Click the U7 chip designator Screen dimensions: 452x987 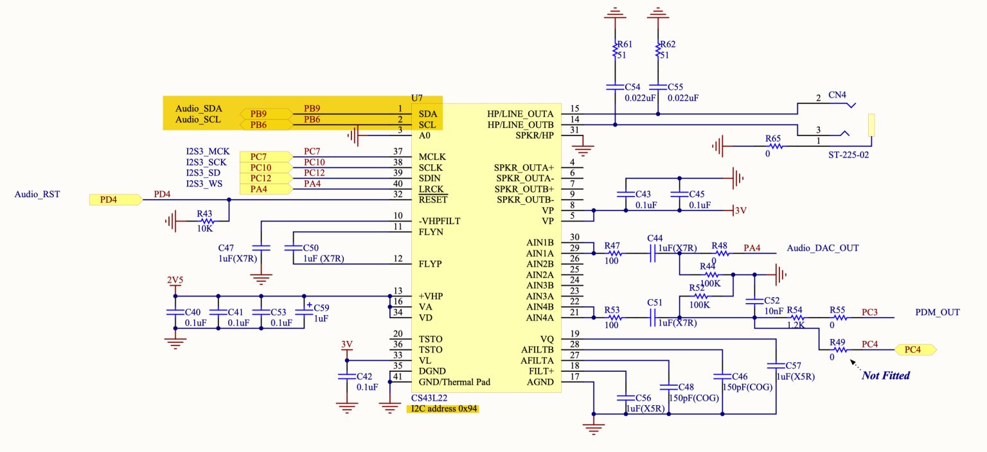417,98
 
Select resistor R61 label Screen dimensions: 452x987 623,44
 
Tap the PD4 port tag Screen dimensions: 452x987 114,200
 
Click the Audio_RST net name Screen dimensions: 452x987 37,193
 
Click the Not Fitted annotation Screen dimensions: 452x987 885,376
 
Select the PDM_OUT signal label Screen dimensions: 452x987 938,312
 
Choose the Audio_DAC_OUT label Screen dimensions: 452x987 822,248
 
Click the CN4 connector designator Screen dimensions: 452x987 837,95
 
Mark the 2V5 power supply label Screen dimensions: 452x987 174,281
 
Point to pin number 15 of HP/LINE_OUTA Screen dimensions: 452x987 574,109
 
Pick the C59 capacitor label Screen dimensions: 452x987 321,308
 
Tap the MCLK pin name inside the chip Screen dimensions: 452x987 432,157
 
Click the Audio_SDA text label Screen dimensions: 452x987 199,109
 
